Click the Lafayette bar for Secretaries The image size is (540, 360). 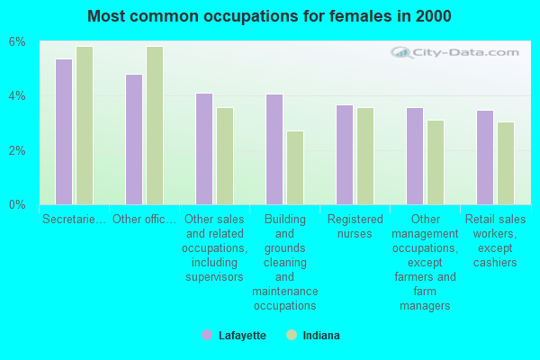tap(64, 131)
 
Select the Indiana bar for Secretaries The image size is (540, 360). tap(85, 125)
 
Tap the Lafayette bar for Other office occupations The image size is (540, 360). tap(134, 139)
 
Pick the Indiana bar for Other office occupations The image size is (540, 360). tap(155, 125)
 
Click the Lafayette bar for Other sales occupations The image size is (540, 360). tap(204, 148)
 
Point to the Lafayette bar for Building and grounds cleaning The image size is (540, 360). tap(274, 149)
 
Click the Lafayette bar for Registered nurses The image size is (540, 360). tap(345, 155)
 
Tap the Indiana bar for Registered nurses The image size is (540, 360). tap(365, 156)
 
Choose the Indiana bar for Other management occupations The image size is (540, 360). tap(436, 162)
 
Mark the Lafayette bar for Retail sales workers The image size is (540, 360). tap(485, 157)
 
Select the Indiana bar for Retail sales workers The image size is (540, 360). tap(506, 163)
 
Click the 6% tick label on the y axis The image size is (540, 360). tap(18, 42)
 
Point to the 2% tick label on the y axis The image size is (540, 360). tap(18, 150)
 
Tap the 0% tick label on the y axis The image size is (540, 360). tap(18, 204)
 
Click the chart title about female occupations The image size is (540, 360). tap(270, 16)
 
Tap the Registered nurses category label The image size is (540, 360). tap(355, 226)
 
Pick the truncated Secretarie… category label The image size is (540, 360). tap(74, 219)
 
